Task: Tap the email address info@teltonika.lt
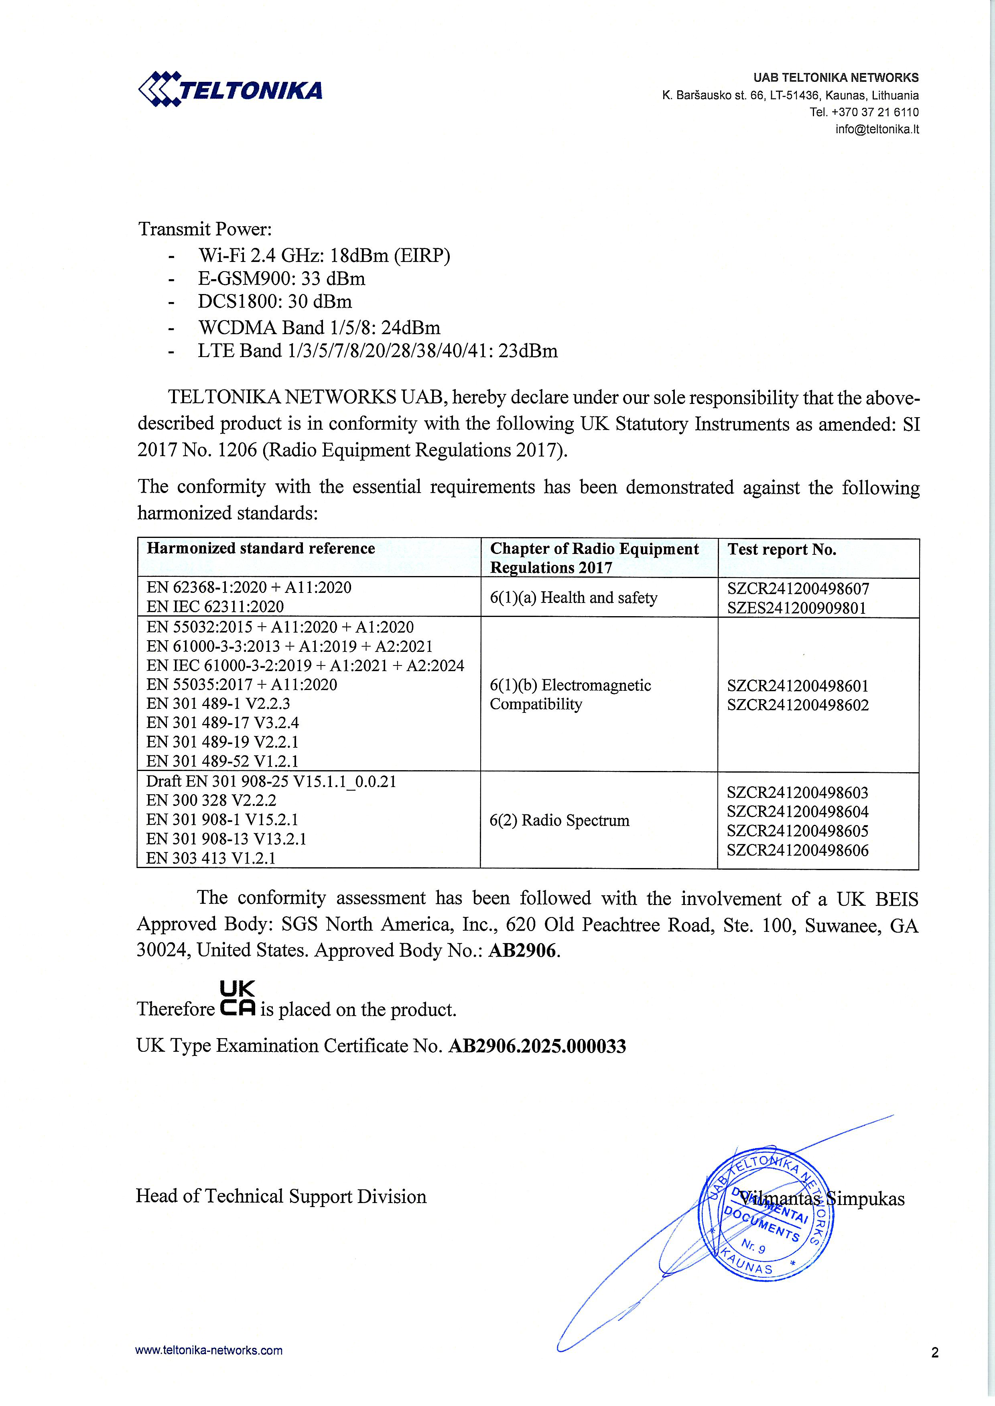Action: [877, 129]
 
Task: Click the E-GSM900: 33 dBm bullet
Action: [281, 279]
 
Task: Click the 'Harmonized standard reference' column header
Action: [260, 548]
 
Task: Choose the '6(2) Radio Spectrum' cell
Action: [559, 820]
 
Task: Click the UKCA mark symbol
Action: [237, 999]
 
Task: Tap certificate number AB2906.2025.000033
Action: [537, 1046]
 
